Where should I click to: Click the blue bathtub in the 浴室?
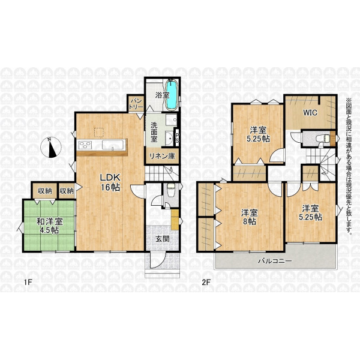[171, 95]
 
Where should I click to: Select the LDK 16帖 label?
[110, 182]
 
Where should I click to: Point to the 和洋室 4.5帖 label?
[50, 226]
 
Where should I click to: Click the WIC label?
[310, 113]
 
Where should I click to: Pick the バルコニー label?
[275, 261]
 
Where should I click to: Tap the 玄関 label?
[163, 239]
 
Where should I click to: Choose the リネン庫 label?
[162, 156]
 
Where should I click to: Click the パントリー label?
[136, 104]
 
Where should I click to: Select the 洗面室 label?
[154, 132]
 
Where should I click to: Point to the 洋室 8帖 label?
[250, 217]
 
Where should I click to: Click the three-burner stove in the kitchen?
[85, 145]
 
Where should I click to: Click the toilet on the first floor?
[170, 191]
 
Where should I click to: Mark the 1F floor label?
[28, 282]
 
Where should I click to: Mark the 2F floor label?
[206, 282]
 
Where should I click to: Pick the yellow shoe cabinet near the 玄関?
[175, 220]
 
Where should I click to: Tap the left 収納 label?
[45, 191]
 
